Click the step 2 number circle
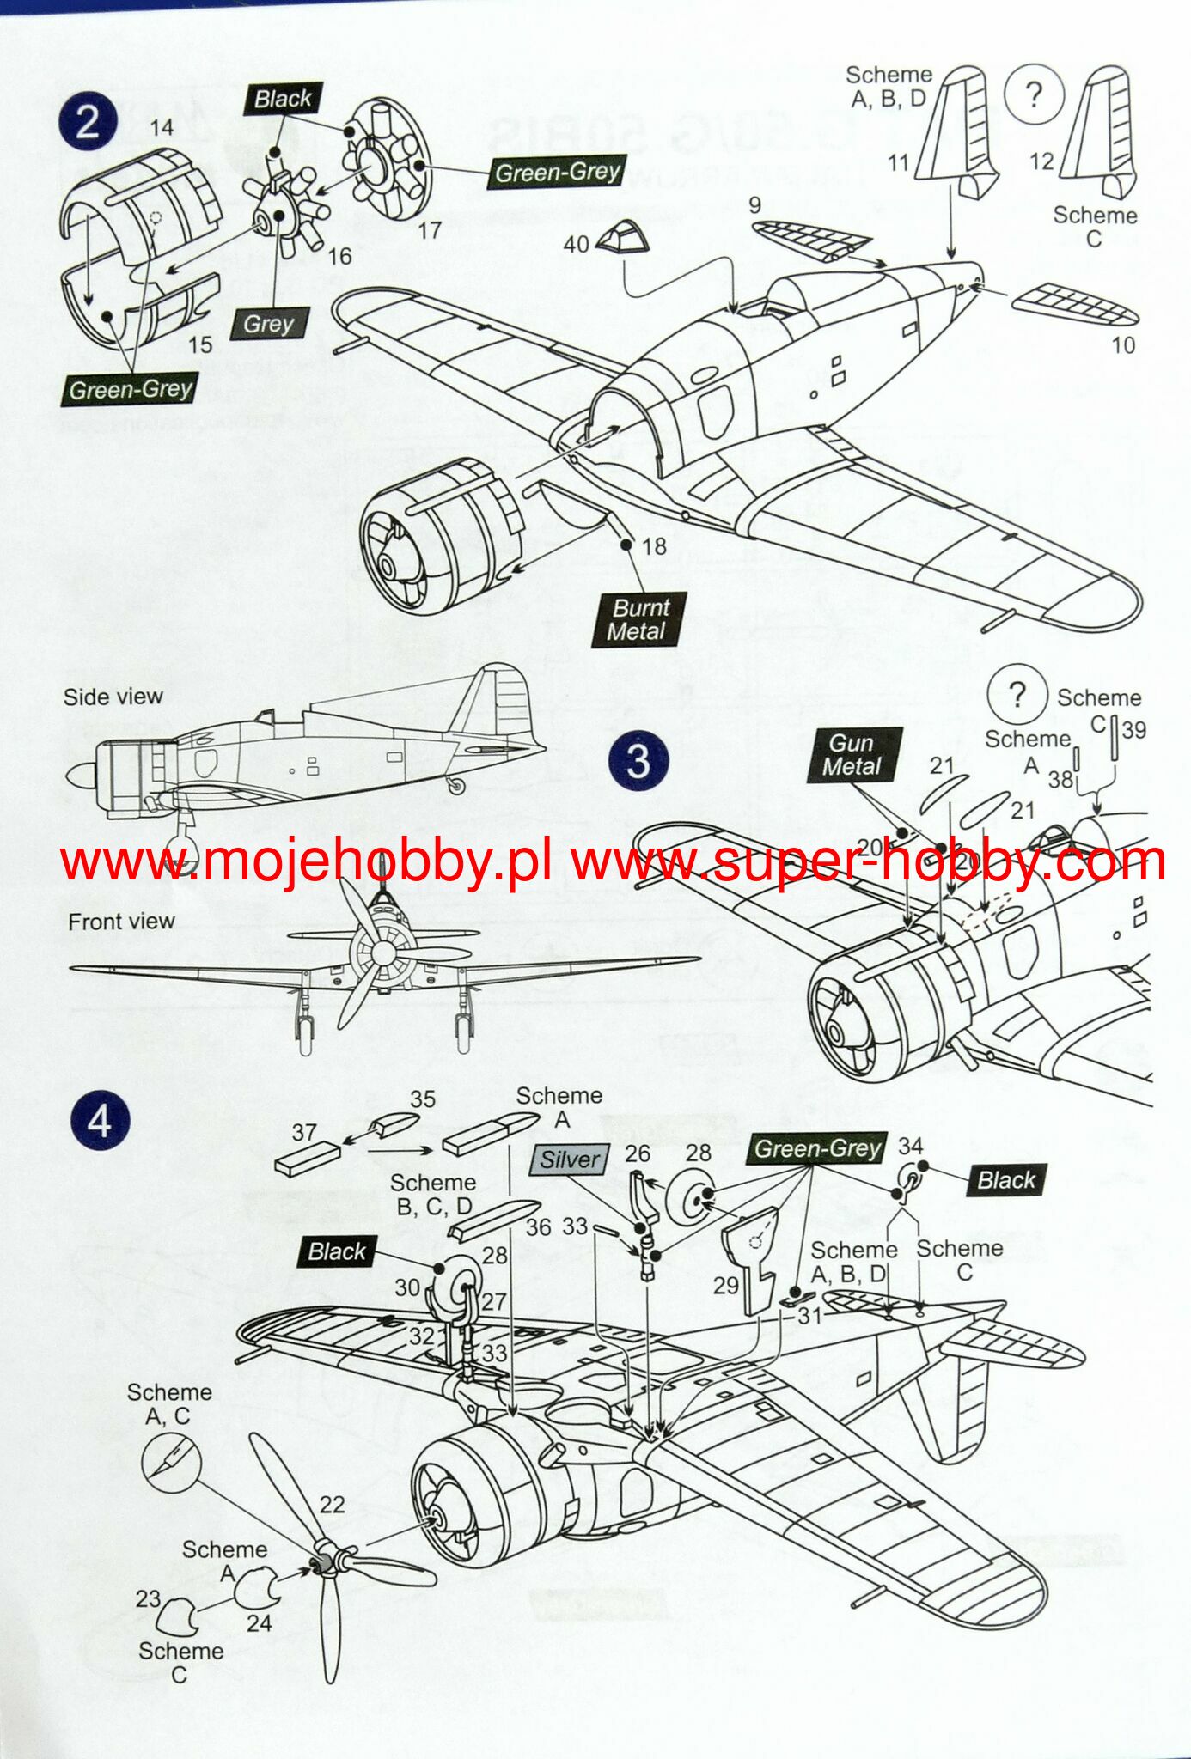click(88, 123)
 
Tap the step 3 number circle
click(638, 761)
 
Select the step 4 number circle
click(101, 1121)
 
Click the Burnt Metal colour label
click(639, 619)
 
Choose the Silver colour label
click(571, 1159)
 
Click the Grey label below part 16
click(269, 324)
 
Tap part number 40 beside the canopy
click(576, 245)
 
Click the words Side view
click(113, 697)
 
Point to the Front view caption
click(121, 922)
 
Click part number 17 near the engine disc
click(429, 230)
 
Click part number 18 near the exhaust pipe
click(654, 546)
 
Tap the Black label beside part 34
click(1005, 1180)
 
